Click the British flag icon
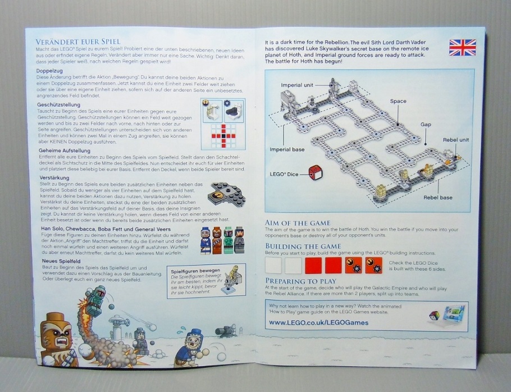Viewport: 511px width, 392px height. [x=462, y=47]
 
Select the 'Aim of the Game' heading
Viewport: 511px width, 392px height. [x=298, y=223]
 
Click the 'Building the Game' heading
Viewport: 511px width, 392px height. [x=303, y=246]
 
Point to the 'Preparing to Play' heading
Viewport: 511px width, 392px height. [x=300, y=281]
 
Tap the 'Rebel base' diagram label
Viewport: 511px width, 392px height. [x=439, y=197]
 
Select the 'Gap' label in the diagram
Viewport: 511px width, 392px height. [x=426, y=125]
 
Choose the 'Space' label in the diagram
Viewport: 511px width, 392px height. [x=398, y=101]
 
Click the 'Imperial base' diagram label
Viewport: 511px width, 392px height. [x=287, y=149]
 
